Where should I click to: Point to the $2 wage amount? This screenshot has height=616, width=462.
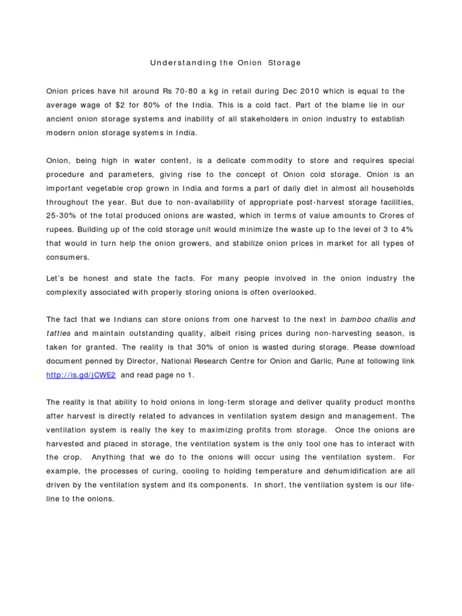118,105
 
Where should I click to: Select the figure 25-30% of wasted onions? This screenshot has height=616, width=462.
63,216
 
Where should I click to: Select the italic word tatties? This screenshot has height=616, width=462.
59,334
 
